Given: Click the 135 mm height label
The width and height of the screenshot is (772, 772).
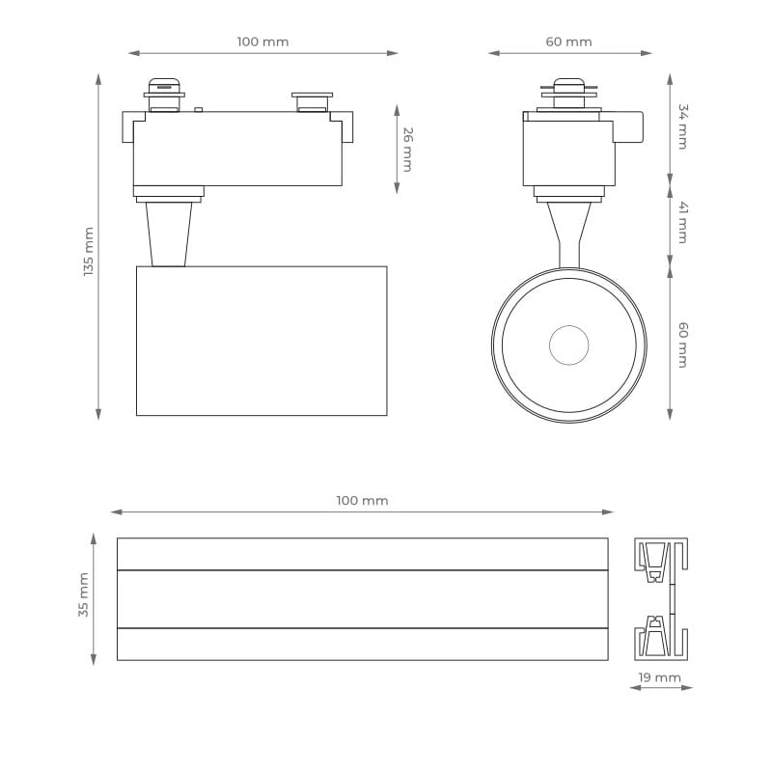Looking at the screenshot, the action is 89,251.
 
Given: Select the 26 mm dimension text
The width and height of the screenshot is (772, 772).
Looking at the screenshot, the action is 407,150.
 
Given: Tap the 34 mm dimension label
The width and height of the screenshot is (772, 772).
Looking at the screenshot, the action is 683,126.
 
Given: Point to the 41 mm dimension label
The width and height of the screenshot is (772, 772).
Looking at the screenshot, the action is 683,222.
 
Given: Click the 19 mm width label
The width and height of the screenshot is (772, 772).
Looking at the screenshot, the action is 660,677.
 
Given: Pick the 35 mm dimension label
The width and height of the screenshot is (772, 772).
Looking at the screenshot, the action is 84,594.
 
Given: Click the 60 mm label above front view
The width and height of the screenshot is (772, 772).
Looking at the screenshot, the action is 568,41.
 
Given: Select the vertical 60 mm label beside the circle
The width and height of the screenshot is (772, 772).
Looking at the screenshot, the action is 683,345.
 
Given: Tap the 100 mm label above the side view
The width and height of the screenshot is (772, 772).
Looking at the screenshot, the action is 262,41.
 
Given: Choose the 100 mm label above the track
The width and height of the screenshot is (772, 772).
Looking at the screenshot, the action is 363,501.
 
